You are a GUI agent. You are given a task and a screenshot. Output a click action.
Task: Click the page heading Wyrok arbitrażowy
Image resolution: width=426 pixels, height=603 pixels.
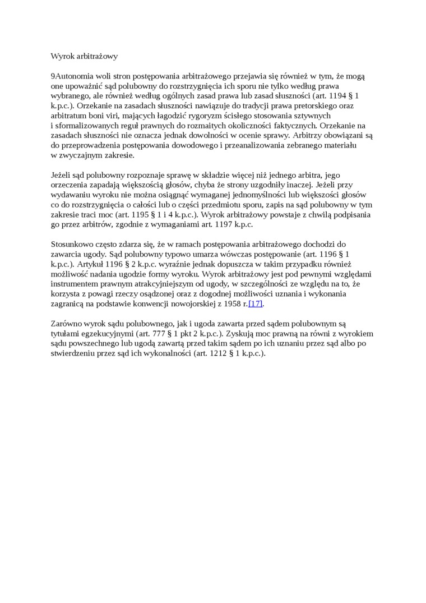[x=84, y=56]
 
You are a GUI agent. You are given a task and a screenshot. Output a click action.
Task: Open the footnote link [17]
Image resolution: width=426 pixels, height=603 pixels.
[x=255, y=303]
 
